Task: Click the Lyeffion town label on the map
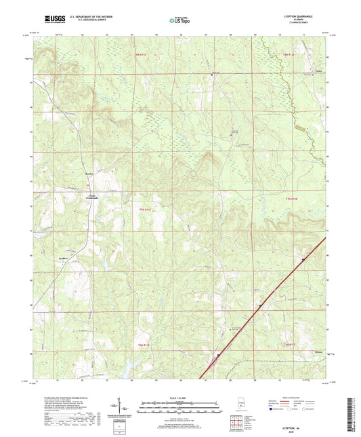coord(64,259)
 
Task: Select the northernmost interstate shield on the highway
coord(303,259)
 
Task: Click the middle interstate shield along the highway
coord(259,305)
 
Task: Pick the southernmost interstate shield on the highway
coord(218,354)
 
